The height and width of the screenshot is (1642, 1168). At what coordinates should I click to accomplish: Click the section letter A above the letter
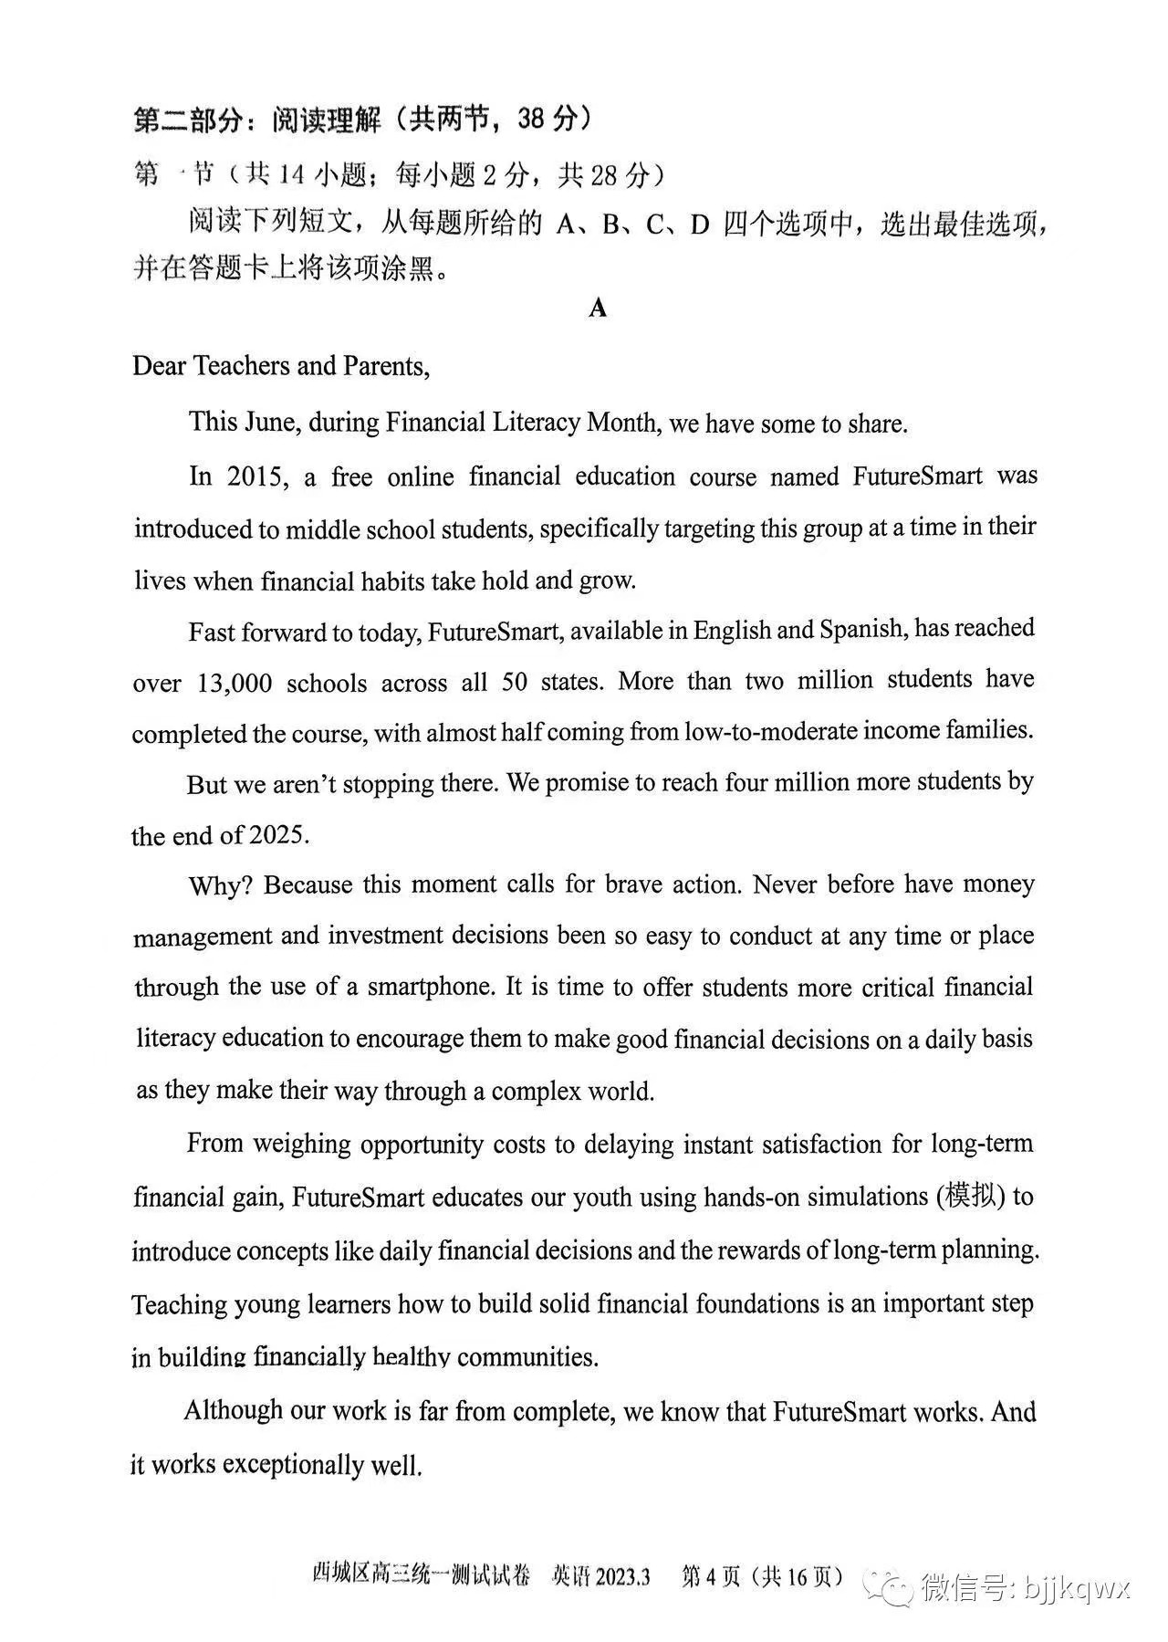coord(598,309)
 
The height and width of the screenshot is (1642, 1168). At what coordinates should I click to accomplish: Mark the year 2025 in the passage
coord(279,834)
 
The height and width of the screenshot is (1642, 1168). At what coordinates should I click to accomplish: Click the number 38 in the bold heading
coord(534,119)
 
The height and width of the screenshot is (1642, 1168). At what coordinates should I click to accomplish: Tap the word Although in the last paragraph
coord(234,1411)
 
